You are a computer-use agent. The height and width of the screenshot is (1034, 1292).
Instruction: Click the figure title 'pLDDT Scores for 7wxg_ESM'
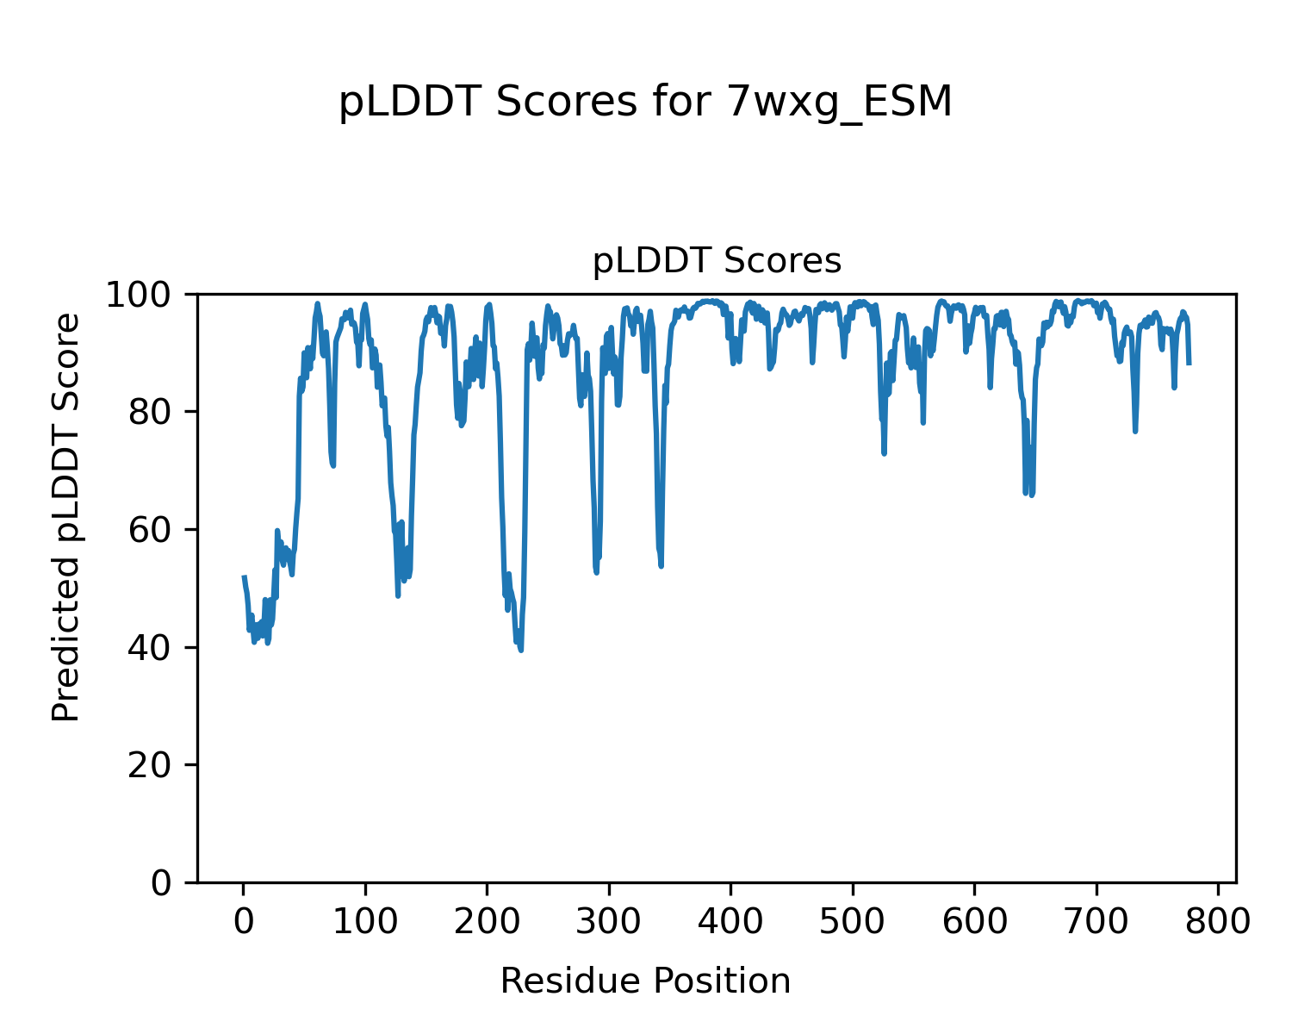tap(645, 103)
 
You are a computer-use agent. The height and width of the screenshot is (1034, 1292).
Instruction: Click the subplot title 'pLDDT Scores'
tap(717, 261)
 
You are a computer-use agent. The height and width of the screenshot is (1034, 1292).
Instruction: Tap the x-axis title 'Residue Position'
tap(645, 981)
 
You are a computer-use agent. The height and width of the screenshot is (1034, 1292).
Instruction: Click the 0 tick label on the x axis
tap(244, 922)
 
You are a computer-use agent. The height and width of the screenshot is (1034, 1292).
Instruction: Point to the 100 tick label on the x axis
tap(365, 922)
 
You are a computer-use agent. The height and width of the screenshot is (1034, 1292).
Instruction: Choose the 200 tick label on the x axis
tap(488, 922)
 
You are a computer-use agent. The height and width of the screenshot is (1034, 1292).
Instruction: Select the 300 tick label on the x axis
tap(609, 922)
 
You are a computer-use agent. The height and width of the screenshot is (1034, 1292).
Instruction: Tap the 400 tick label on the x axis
tap(731, 922)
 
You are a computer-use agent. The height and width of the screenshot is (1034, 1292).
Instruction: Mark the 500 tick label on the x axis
tap(853, 922)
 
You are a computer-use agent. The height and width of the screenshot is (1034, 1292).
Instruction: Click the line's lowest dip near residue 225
tap(521, 650)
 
